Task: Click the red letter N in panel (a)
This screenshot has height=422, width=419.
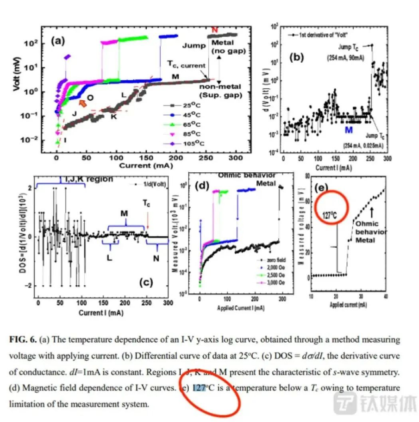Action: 215,29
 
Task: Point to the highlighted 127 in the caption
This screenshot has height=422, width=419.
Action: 198,388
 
